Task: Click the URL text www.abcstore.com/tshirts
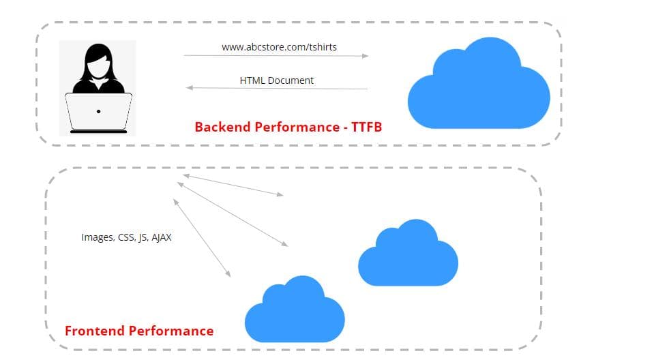279,47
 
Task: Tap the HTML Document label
276,80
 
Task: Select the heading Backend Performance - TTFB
288,127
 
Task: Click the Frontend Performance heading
139,331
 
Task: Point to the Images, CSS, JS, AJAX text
126,237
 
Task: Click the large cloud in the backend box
479,85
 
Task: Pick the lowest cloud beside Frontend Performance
295,310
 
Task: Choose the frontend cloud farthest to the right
408,253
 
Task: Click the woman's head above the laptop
98,63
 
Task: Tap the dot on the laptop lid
98,111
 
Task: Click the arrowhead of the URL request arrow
366,56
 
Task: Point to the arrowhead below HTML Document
190,87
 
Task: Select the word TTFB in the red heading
366,127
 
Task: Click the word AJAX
162,237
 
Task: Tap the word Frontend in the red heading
95,331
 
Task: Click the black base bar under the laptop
98,132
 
